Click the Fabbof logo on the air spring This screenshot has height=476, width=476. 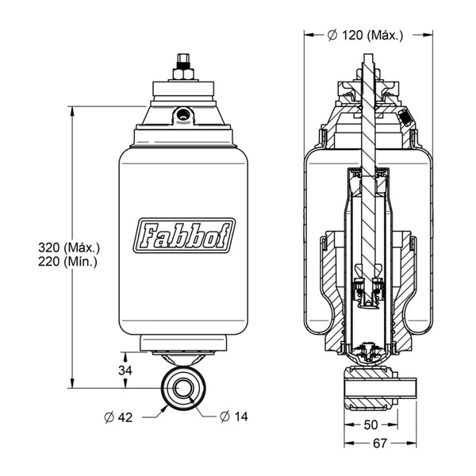[x=184, y=236]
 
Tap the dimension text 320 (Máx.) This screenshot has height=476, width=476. [x=69, y=248]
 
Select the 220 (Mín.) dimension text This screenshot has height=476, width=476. [x=67, y=261]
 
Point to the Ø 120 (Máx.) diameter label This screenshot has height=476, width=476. [x=366, y=35]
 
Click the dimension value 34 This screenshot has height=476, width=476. [x=125, y=370]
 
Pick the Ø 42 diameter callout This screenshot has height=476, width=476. [x=118, y=418]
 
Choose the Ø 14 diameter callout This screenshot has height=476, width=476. [x=234, y=416]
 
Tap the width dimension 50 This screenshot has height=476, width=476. [x=370, y=425]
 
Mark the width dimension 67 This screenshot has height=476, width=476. [x=380, y=443]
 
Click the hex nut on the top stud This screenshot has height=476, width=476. [x=183, y=74]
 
